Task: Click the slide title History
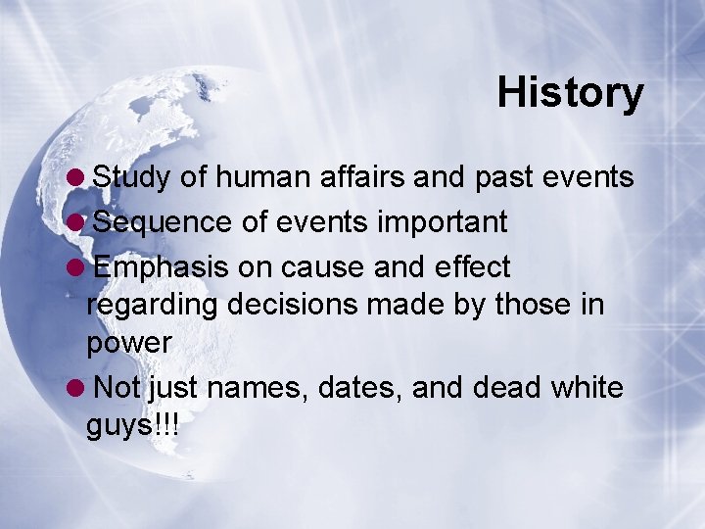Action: point(570,93)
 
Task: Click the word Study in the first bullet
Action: point(131,178)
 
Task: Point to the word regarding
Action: point(152,306)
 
